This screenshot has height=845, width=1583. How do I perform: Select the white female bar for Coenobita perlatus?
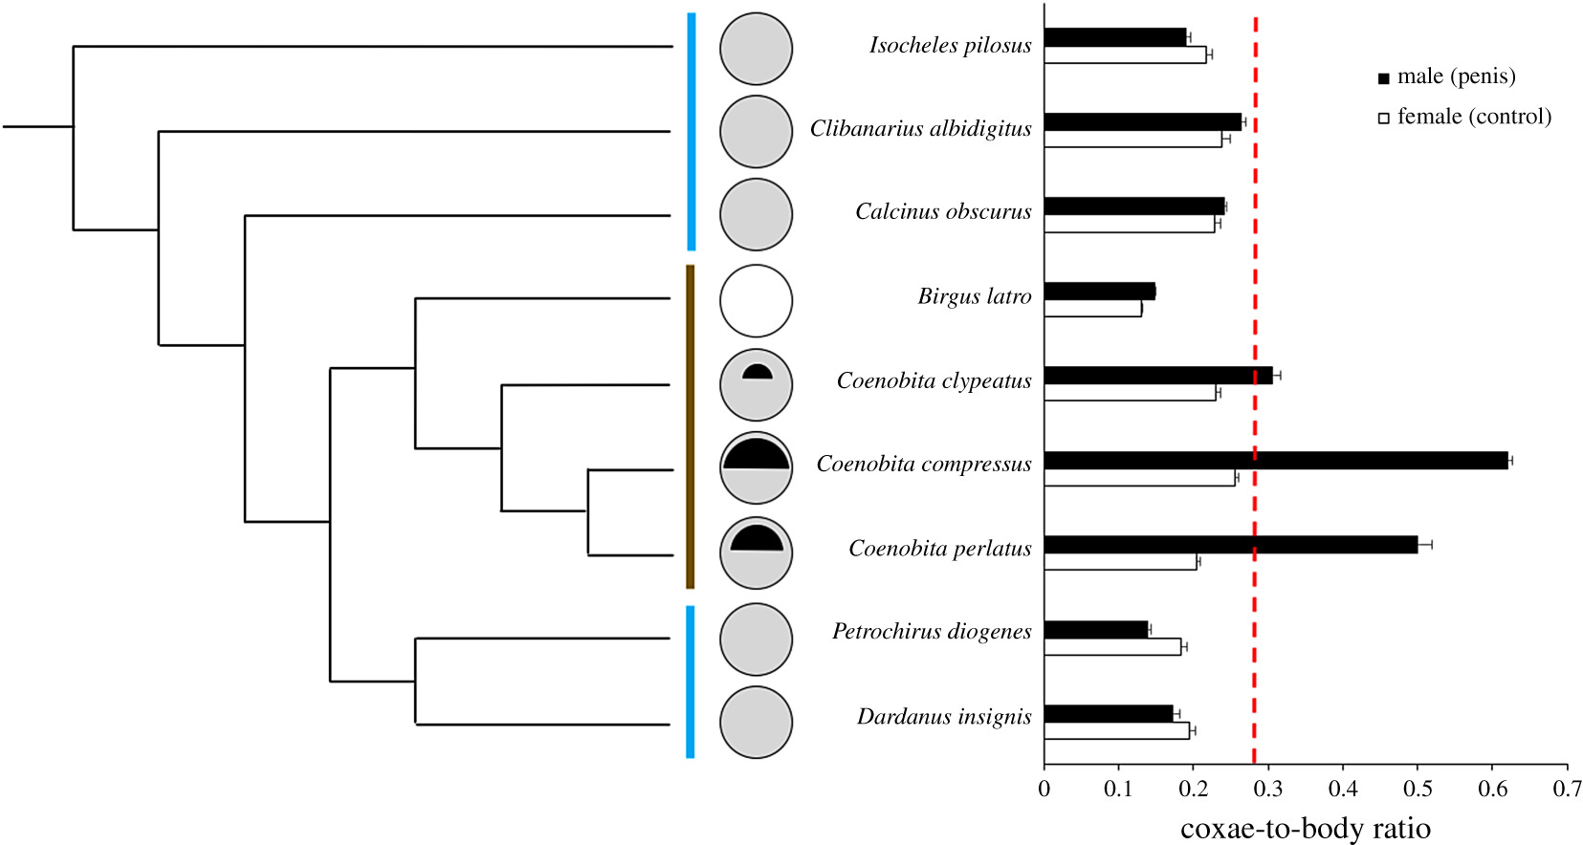click(x=1120, y=562)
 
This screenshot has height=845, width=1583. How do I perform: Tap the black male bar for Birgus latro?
click(x=1099, y=292)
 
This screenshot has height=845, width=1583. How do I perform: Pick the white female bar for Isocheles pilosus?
click(x=1124, y=55)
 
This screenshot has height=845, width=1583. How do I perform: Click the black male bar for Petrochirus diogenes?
click(x=1095, y=630)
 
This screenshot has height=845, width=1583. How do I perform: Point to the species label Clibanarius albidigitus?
click(x=920, y=129)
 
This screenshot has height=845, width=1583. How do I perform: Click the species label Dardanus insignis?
click(x=943, y=717)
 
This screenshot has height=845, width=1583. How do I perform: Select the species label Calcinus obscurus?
click(x=942, y=212)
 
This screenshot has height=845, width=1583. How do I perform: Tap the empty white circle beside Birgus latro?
click(x=756, y=301)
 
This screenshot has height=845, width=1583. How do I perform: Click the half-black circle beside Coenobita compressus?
click(x=756, y=468)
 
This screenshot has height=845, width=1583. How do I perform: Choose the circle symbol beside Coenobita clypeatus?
click(x=756, y=385)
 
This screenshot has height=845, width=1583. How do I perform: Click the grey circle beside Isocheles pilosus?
click(x=756, y=49)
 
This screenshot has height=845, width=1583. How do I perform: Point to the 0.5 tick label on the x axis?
click(x=1417, y=789)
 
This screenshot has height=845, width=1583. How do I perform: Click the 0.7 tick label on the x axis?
click(x=1567, y=789)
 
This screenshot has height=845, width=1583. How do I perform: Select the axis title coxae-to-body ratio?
click(x=1305, y=828)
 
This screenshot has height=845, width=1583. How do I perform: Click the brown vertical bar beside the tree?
click(x=690, y=426)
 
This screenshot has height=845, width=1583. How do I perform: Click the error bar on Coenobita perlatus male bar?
click(x=1424, y=545)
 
